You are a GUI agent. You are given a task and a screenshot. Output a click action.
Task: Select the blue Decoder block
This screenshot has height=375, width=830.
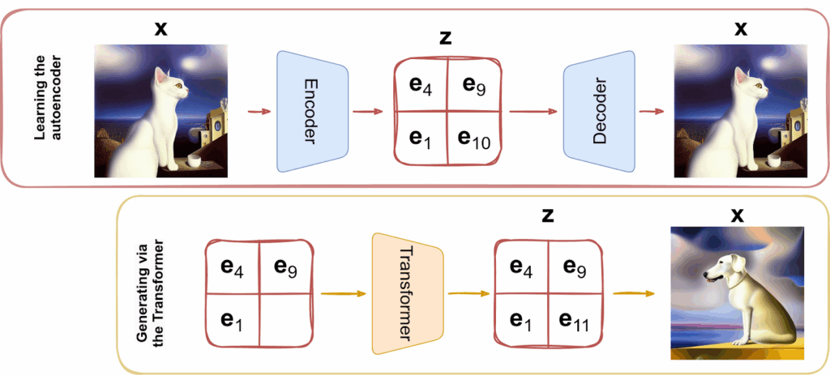(x=599, y=112)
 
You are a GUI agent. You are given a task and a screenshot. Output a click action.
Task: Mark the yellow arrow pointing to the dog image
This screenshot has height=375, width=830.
(x=633, y=293)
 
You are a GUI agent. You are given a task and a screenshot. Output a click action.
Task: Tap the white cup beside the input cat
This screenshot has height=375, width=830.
(x=195, y=160)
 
